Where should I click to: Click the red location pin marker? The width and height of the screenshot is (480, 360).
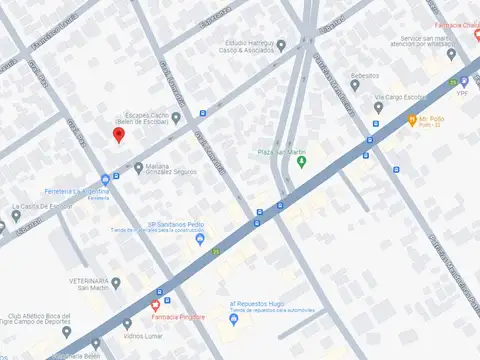coord(119,135)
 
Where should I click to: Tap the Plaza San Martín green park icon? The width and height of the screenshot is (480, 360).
coord(300,162)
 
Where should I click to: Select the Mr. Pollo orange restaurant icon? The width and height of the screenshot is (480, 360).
coord(411,119)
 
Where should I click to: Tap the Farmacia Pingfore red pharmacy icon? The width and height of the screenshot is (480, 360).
coord(155,304)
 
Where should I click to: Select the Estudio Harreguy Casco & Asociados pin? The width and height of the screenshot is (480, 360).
coord(282,45)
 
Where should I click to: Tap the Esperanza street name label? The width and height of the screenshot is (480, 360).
coord(214,17)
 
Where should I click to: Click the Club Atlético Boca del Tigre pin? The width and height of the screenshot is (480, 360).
coord(127,323)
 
